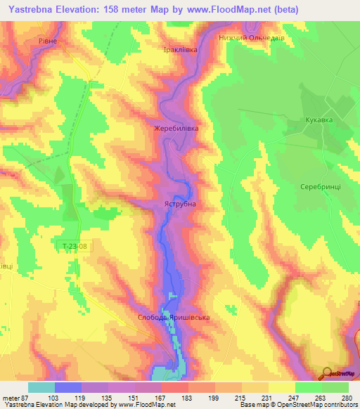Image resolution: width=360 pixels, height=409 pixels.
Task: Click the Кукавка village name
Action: pos(319,120)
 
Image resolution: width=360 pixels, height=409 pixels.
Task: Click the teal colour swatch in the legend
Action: pos(41,387)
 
